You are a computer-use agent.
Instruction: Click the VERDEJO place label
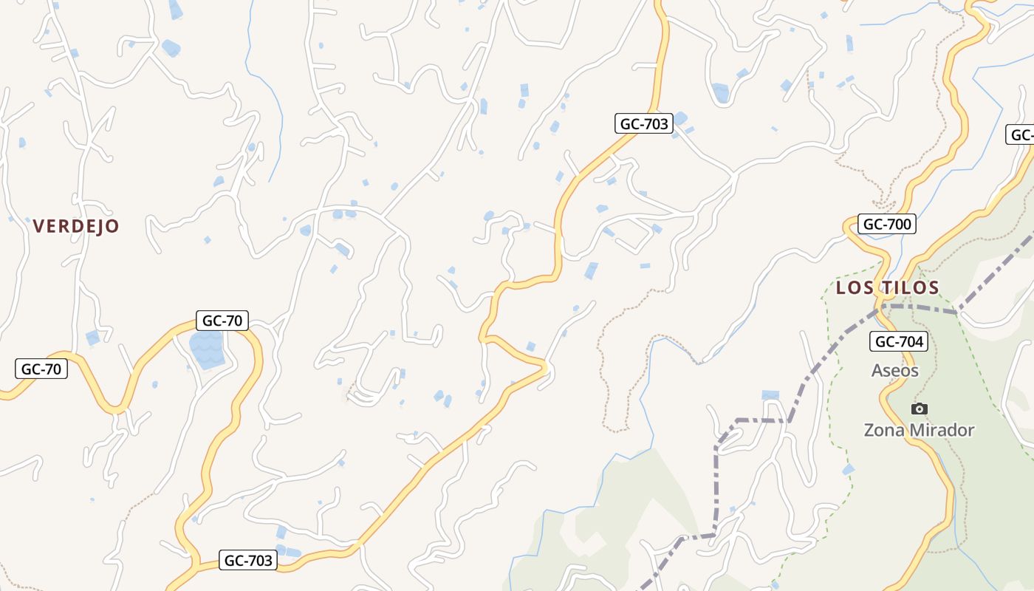76,226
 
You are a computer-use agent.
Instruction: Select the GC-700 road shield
886,224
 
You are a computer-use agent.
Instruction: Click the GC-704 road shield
898,341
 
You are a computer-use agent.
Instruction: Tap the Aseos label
894,370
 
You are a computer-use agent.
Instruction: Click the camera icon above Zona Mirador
920,409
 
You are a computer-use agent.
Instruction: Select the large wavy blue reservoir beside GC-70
207,349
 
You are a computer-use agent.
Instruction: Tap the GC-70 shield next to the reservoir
222,321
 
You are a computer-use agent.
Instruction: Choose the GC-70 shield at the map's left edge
41,369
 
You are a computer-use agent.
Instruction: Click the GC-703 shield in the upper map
644,123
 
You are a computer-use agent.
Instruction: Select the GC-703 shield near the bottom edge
249,560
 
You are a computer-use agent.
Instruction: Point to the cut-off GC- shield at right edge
1021,135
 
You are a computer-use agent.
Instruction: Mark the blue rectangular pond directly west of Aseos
770,395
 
